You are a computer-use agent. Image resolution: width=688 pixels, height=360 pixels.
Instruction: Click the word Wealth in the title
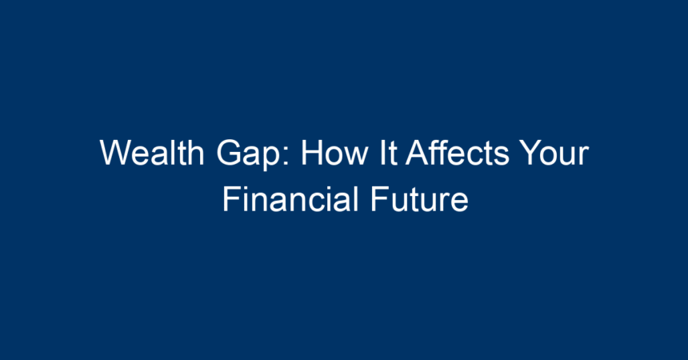coord(152,152)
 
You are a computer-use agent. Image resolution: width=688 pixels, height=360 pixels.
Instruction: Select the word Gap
coord(248,155)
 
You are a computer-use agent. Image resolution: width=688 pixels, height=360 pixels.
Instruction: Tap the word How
coord(334,152)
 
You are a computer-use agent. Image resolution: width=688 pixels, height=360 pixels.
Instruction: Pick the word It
coord(389,152)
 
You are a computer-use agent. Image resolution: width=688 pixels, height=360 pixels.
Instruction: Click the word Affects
coord(458,152)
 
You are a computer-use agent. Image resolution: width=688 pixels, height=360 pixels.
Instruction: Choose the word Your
coord(554,152)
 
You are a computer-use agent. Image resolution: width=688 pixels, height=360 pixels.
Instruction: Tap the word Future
coord(419,199)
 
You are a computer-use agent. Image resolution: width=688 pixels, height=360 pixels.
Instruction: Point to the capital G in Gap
coord(229,152)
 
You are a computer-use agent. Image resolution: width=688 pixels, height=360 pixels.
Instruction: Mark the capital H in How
coord(312,152)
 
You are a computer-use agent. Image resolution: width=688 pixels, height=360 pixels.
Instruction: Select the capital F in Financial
coord(233,199)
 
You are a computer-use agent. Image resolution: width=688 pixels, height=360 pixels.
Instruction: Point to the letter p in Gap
coord(272,158)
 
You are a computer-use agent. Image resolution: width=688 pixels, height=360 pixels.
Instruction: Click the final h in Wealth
coord(196,152)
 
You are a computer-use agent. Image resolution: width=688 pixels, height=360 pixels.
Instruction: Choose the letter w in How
coord(354,156)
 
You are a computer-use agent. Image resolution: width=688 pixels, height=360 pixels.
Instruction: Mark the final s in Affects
coord(502,156)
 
